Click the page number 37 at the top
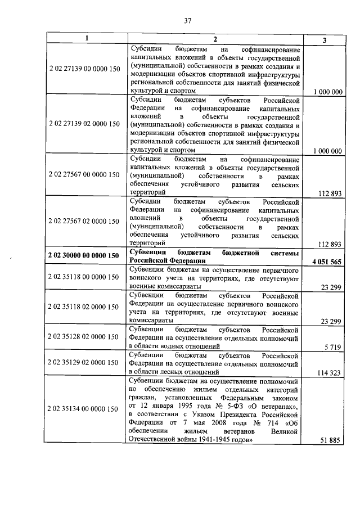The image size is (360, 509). click(x=188, y=21)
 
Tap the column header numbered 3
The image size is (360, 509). click(x=324, y=39)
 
